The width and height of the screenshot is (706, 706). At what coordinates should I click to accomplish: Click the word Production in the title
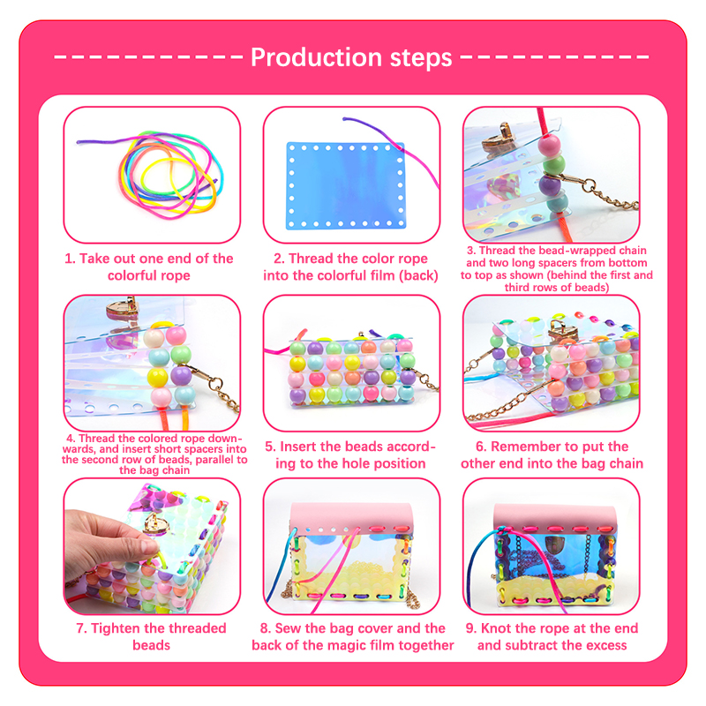tap(316, 57)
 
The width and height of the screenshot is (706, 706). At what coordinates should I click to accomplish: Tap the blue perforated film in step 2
tap(346, 185)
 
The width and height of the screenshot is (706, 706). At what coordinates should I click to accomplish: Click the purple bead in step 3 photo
tap(550, 185)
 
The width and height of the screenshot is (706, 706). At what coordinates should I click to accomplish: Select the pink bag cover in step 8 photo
tap(351, 516)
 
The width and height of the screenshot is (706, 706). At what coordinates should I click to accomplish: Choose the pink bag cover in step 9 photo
tap(555, 516)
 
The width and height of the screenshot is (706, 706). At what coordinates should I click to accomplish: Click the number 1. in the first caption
tap(70, 259)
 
